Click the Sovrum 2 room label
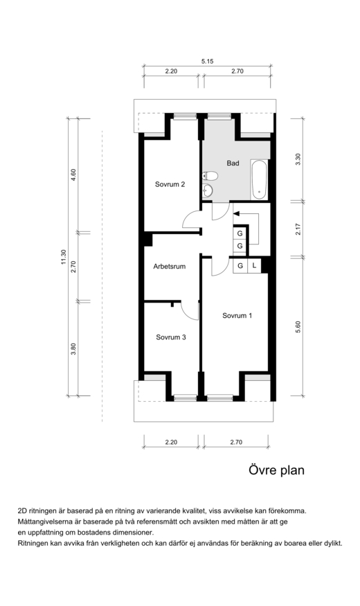[x=170, y=184]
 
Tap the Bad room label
[x=233, y=163]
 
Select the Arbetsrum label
[x=169, y=266]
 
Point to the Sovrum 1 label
[x=237, y=315]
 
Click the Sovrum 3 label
[x=171, y=337]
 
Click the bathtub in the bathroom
[x=259, y=179]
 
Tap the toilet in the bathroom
[x=210, y=176]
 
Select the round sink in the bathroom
[x=208, y=190]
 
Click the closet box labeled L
[x=254, y=265]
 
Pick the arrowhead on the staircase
[x=237, y=213]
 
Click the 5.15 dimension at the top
[x=208, y=61]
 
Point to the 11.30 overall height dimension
[x=64, y=258]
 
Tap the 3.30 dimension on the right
[x=298, y=159]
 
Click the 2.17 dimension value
[x=298, y=229]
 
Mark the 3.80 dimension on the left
[x=73, y=349]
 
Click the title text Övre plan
[x=276, y=470]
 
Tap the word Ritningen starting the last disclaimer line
[x=33, y=544]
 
